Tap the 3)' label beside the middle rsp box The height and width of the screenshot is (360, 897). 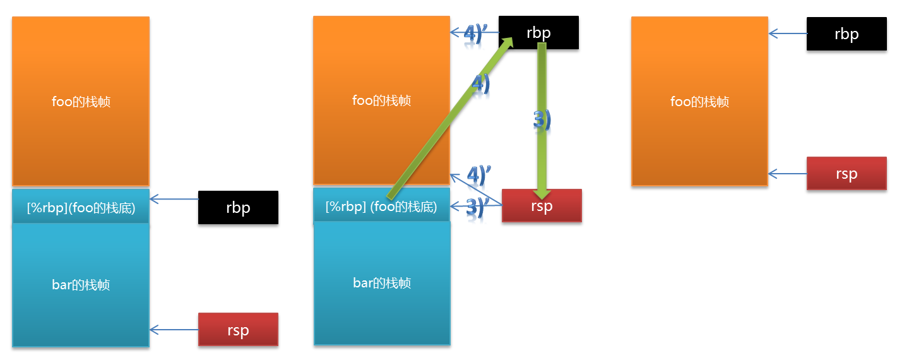coord(478,208)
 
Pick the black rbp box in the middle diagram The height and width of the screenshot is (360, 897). coord(538,32)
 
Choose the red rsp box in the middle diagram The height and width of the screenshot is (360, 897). coord(542,205)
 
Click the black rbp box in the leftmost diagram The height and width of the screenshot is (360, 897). coord(238,207)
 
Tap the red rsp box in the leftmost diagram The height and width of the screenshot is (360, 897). coord(238,329)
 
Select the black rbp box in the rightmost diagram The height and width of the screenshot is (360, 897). coord(846,33)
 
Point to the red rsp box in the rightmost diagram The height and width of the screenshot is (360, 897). coord(846,174)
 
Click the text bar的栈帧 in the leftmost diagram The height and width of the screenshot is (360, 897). coord(81,285)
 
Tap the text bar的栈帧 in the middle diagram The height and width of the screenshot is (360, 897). coord(382,282)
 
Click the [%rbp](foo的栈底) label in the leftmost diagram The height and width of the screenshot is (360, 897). coord(81,207)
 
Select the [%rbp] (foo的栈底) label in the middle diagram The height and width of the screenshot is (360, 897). coord(381,207)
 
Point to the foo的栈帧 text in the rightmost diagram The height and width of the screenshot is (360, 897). coord(699,101)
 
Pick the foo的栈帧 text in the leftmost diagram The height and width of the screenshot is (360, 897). coord(81,101)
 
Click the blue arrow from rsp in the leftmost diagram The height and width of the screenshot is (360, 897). coord(174,329)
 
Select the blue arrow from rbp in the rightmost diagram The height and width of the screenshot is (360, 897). coord(787,33)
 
